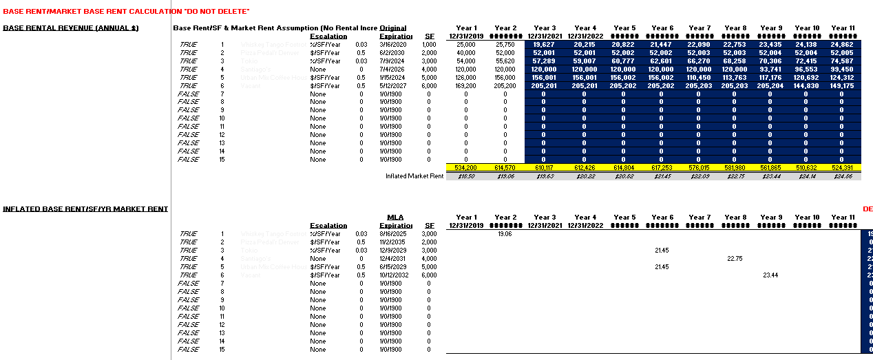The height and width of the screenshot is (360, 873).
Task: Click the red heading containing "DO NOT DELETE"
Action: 126,12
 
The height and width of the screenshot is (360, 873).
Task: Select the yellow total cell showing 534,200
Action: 466,168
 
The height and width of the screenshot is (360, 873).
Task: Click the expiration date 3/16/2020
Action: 390,44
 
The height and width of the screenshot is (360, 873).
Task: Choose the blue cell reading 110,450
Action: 699,77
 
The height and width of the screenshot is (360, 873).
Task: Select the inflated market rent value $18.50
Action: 466,176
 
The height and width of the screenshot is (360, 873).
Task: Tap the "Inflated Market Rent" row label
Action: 414,176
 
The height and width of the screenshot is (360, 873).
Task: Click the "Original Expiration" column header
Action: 393,32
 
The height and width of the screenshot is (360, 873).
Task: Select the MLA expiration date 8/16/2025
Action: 392,234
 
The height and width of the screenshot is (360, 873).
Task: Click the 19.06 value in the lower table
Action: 505,234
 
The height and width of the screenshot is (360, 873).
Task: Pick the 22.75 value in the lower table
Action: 734,259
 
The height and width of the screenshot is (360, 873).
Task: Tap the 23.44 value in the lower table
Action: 770,275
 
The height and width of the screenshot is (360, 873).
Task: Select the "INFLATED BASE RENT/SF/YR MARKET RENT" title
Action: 85,209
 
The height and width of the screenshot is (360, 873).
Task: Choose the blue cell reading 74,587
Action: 842,61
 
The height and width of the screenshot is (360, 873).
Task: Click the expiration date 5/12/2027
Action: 390,85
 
